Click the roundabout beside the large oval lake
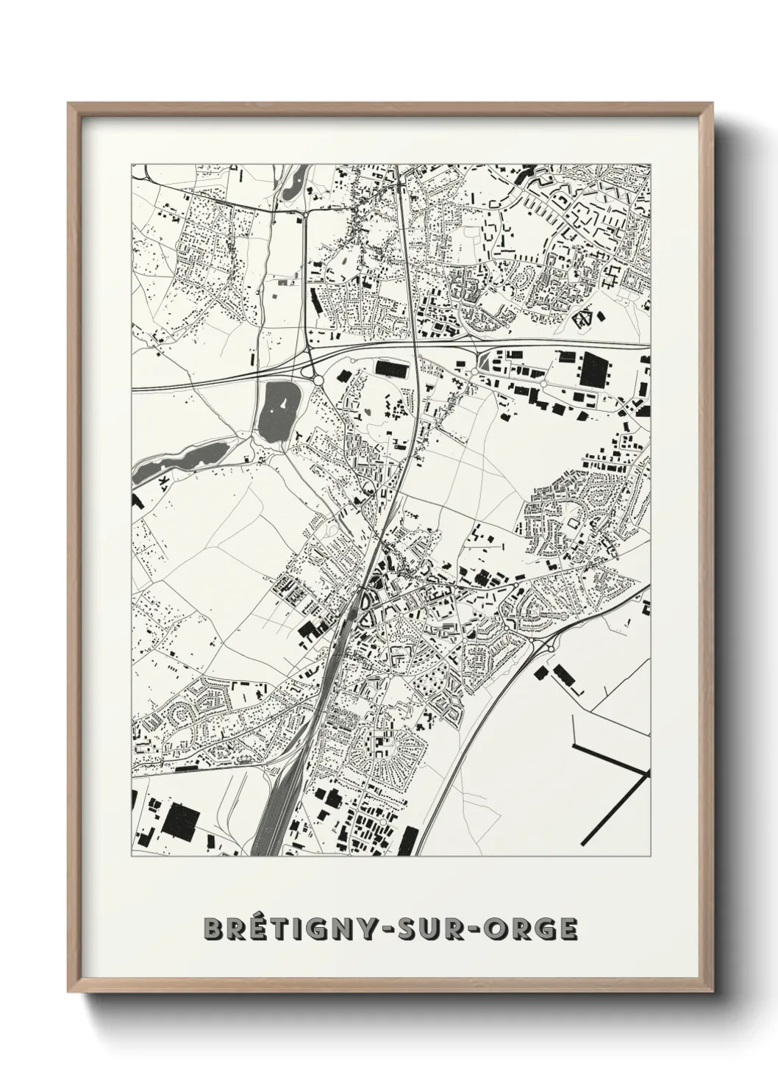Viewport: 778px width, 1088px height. pyautogui.click(x=318, y=379)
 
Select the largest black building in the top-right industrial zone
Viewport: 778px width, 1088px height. pyautogui.click(x=594, y=370)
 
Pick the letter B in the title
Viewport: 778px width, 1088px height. pyautogui.click(x=213, y=928)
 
